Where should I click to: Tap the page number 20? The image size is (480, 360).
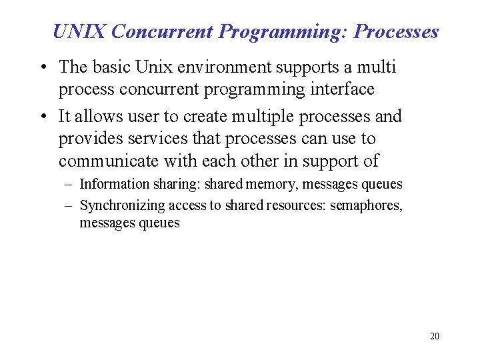click(x=435, y=336)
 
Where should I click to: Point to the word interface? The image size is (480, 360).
click(x=341, y=89)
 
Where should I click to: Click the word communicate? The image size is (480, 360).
click(x=108, y=161)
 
